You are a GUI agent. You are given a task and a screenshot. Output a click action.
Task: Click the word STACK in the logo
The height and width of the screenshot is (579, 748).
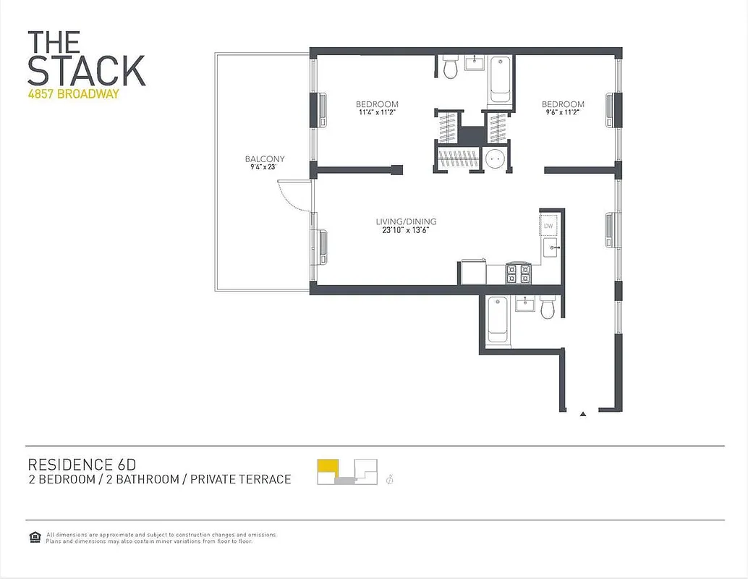(x=86, y=70)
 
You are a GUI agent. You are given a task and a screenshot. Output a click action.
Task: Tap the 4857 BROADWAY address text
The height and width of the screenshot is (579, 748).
(x=73, y=94)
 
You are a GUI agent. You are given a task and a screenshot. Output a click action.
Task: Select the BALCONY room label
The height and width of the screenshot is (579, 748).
(x=264, y=159)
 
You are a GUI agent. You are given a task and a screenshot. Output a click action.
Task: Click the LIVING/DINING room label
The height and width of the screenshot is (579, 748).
(x=406, y=221)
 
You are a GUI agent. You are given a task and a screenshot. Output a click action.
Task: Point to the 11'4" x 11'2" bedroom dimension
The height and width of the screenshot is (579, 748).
(x=377, y=113)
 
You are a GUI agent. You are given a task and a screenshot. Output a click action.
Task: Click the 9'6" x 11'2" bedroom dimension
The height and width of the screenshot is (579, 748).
(x=562, y=113)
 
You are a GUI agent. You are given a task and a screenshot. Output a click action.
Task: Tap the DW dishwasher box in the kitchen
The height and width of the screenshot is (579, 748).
(x=549, y=227)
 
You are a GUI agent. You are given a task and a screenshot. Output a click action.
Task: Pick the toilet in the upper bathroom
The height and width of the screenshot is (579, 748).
(x=450, y=68)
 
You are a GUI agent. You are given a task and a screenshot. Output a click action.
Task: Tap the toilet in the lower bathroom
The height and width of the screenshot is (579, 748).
(x=548, y=308)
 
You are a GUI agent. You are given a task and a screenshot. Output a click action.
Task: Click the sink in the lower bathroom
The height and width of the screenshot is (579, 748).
(x=524, y=304)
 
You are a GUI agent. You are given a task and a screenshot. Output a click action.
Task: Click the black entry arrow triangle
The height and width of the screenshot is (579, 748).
(x=583, y=415)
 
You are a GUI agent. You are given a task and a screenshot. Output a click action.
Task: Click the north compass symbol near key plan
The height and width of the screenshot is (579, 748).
(x=390, y=478)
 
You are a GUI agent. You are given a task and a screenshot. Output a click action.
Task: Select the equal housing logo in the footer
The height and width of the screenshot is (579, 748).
(x=34, y=536)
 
